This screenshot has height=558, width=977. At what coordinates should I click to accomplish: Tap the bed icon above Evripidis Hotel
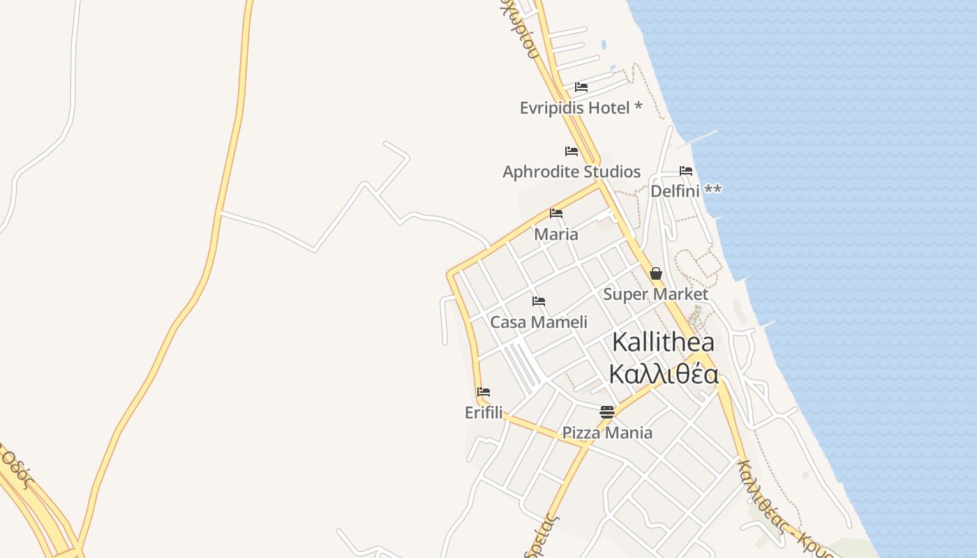pyautogui.click(x=581, y=87)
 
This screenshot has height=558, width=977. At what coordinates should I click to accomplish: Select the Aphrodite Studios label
pyautogui.click(x=572, y=172)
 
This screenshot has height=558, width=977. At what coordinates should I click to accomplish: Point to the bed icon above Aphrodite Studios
pyautogui.click(x=572, y=151)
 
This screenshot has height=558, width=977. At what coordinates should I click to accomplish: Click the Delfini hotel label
pyautogui.click(x=676, y=190)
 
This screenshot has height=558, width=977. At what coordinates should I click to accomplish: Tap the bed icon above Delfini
pyautogui.click(x=686, y=171)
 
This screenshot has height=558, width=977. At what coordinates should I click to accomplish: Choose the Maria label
pyautogui.click(x=556, y=234)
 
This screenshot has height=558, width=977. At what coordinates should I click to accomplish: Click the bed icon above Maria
pyautogui.click(x=556, y=213)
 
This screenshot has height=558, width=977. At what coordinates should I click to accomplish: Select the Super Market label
pyautogui.click(x=655, y=294)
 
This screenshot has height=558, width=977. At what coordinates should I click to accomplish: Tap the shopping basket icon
pyautogui.click(x=656, y=273)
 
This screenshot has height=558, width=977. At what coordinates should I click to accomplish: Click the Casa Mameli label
pyautogui.click(x=539, y=322)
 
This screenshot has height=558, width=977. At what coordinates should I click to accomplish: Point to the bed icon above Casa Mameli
pyautogui.click(x=539, y=301)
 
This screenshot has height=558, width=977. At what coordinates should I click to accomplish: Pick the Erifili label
pyautogui.click(x=484, y=413)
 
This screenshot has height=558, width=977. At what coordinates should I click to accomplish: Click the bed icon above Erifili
pyautogui.click(x=484, y=392)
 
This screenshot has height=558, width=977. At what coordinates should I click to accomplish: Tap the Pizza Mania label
pyautogui.click(x=607, y=432)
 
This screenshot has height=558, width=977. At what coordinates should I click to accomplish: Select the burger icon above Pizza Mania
pyautogui.click(x=607, y=412)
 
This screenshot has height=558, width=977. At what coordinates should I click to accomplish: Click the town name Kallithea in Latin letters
pyautogui.click(x=663, y=342)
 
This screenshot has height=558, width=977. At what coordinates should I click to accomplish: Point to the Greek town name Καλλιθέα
pyautogui.click(x=663, y=375)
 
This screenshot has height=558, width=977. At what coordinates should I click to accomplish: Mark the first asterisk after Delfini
pyautogui.click(x=708, y=189)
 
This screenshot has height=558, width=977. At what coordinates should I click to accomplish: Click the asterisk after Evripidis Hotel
pyautogui.click(x=638, y=107)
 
